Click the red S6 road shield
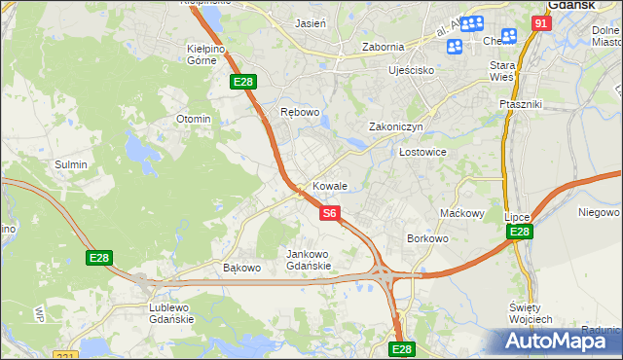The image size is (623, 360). tap(330, 212)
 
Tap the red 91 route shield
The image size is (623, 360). tap(542, 22)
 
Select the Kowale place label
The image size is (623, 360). tap(330, 185)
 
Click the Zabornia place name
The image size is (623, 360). tap(383, 46)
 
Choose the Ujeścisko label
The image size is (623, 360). tap(411, 71)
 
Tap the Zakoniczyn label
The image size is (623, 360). tap(395, 126)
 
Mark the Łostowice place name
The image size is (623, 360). tap(422, 153)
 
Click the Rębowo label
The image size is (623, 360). tap(300, 112)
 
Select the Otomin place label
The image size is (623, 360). tap(193, 119)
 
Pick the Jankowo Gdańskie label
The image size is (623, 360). tap(309, 260)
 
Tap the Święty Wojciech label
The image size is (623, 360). tap(531, 313)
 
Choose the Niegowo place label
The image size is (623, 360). tap(599, 212)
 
